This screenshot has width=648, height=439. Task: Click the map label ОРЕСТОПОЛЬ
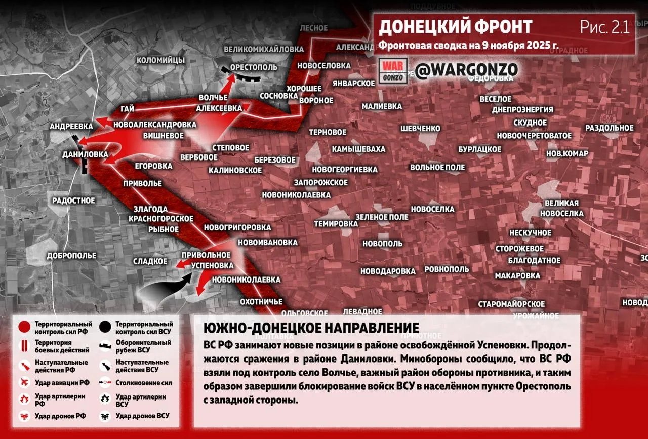click(x=254, y=67)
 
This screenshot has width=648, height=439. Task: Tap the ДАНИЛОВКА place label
click(x=85, y=154)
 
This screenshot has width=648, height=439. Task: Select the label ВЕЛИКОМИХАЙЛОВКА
click(x=264, y=49)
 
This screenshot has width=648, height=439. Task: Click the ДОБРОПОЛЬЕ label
click(x=71, y=256)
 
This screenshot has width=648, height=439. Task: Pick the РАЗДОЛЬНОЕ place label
click(x=610, y=128)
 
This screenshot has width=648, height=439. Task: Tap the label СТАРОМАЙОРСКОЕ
click(x=511, y=304)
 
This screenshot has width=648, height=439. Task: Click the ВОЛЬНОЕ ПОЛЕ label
click(x=437, y=167)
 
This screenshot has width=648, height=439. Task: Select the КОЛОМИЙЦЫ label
click(x=160, y=60)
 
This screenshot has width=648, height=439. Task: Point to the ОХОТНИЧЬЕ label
click(x=261, y=302)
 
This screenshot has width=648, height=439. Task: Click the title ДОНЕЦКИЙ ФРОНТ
click(x=456, y=27)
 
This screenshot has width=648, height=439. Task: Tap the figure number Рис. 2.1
click(x=605, y=27)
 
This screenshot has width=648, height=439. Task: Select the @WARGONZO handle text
click(x=467, y=70)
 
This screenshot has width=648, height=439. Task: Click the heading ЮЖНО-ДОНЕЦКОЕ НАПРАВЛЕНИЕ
click(x=311, y=328)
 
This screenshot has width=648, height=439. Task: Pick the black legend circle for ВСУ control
click(x=106, y=327)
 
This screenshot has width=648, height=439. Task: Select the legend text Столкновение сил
click(x=144, y=383)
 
